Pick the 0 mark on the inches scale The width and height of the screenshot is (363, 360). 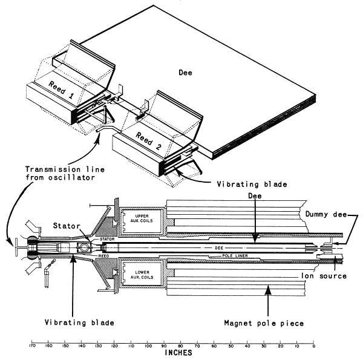click(x=313, y=347)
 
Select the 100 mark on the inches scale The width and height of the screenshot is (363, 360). click(x=148, y=347)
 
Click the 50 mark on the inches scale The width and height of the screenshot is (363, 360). click(x=231, y=347)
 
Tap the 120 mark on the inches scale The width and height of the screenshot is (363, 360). click(x=114, y=347)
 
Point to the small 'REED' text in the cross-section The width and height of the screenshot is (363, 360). click(x=102, y=257)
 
